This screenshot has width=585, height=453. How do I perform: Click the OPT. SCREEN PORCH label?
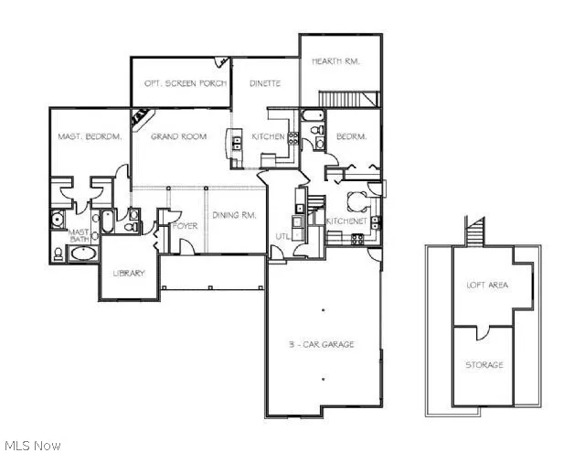click(179, 83)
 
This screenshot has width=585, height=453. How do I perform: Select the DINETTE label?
click(265, 83)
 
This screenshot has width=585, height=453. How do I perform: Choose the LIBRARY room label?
click(128, 273)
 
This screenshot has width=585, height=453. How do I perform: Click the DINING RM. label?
click(234, 216)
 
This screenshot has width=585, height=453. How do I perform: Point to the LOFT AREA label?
click(487, 285)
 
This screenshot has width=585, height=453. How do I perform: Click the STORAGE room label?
click(484, 365)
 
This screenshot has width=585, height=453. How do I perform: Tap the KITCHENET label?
click(346, 221)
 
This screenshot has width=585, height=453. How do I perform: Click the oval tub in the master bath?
click(83, 252)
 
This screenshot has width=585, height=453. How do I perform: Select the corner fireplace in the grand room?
click(141, 118)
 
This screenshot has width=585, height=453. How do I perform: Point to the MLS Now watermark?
click(32, 445)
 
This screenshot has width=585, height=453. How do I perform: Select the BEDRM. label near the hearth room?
click(351, 137)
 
